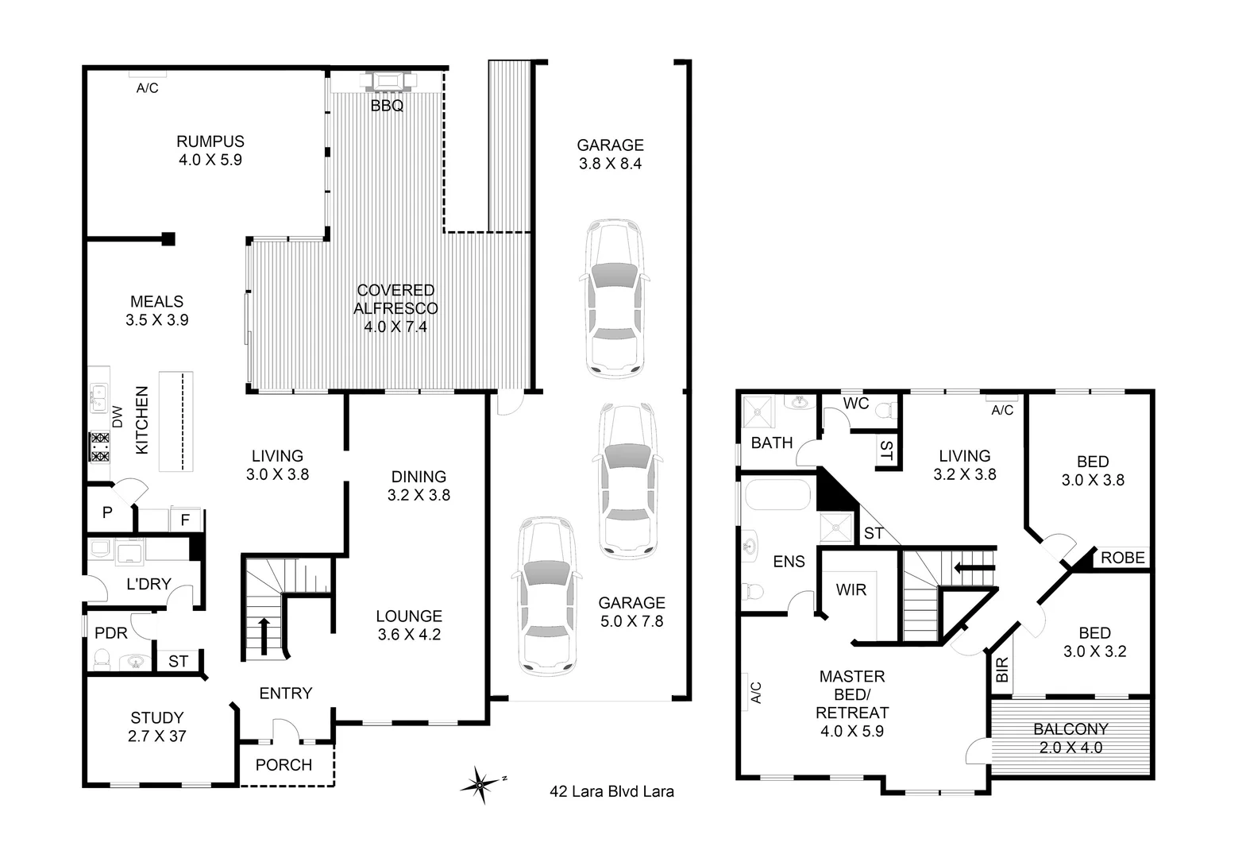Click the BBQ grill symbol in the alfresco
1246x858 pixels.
(x=387, y=81)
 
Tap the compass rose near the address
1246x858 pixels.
(x=481, y=784)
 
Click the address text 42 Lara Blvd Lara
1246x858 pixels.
(x=611, y=791)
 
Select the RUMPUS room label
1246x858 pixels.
(x=210, y=142)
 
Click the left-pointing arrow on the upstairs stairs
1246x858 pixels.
(x=973, y=567)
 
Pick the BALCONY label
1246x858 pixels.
(x=1070, y=729)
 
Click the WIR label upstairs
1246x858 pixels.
(x=851, y=590)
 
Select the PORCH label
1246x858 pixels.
(x=284, y=765)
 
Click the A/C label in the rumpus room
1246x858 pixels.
(x=147, y=88)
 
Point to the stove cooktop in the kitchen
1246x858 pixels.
(x=99, y=446)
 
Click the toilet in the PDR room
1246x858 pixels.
(x=102, y=658)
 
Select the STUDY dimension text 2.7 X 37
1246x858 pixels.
(x=157, y=736)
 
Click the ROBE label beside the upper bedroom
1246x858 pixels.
(x=1122, y=558)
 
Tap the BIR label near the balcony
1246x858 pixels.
(x=1001, y=669)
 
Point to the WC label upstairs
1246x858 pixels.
(x=855, y=404)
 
